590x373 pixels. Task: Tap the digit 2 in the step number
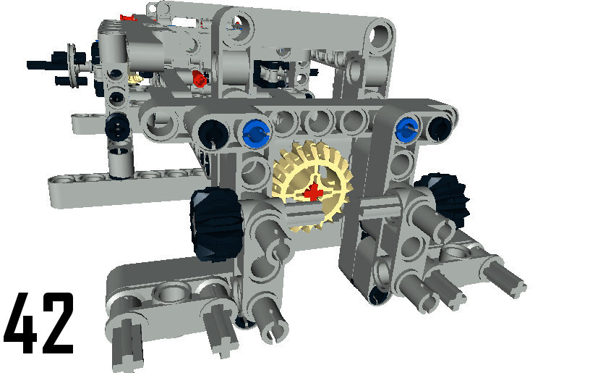[x=57, y=323]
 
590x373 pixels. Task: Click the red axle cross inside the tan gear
[x=312, y=193]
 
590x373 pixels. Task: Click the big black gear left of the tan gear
[x=216, y=225]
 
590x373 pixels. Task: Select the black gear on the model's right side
[x=446, y=200]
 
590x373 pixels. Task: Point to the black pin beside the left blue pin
[x=213, y=133]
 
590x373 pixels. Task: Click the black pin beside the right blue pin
[x=439, y=128]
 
